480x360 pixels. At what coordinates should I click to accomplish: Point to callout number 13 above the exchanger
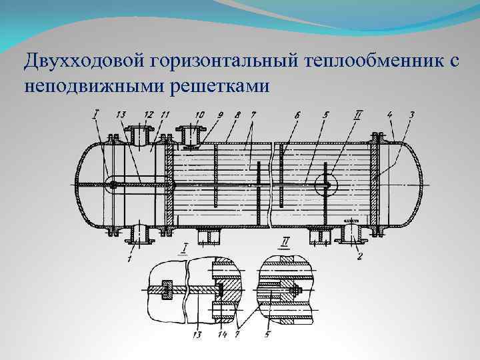click(120, 115)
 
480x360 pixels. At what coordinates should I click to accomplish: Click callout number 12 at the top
click(148, 115)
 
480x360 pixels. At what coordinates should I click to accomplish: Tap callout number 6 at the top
click(297, 115)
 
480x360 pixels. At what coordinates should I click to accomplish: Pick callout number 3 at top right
click(413, 115)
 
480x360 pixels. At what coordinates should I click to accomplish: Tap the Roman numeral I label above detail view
click(184, 248)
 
